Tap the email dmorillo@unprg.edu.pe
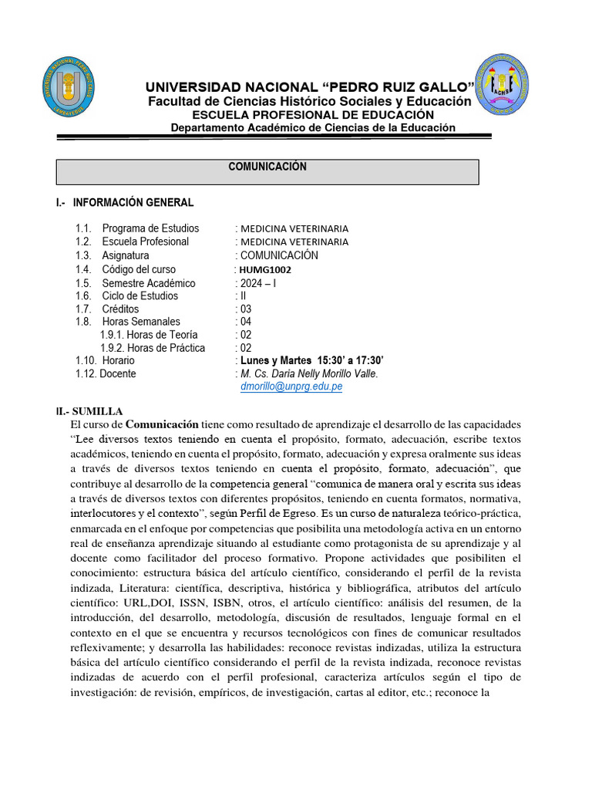292,387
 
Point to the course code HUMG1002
265,270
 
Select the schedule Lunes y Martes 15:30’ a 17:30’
311,360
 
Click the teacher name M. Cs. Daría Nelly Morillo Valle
309,373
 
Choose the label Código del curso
139,269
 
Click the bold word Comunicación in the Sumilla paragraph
162,424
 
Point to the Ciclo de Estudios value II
240,295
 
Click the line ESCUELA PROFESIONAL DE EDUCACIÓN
309,114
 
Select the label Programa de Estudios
150,228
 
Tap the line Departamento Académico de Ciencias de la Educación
312,127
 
